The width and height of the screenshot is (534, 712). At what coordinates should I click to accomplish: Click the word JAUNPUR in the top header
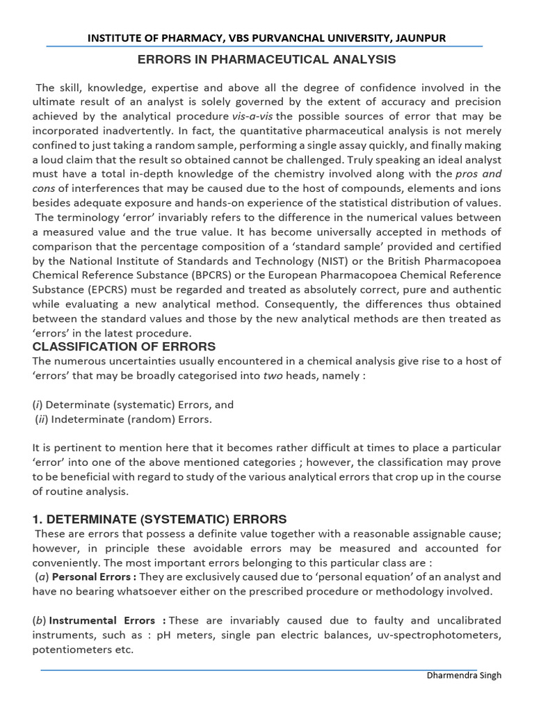[x=416, y=38]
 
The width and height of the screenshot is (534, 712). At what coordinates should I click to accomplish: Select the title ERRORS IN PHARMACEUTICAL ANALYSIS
[x=266, y=60]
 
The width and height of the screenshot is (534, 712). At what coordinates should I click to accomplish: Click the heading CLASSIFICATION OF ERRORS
[x=124, y=347]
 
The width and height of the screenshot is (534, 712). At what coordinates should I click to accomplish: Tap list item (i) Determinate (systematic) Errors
[x=133, y=405]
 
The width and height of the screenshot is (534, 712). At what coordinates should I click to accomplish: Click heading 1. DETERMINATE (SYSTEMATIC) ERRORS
[x=159, y=519]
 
